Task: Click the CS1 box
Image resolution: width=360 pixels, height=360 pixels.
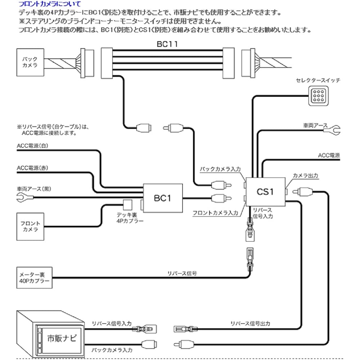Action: [x=265, y=192]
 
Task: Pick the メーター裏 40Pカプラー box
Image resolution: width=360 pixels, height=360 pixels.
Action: [x=33, y=278]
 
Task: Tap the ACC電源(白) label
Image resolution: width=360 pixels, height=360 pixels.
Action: [x=32, y=146]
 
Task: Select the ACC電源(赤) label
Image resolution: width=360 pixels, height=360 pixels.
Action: [x=32, y=168]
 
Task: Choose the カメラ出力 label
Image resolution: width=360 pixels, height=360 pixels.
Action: [x=305, y=175]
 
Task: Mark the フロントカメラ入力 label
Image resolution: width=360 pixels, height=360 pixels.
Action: [x=215, y=213]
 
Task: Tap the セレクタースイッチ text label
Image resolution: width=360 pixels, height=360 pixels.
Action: [x=318, y=80]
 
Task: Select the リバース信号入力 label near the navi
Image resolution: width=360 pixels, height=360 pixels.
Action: [x=112, y=324]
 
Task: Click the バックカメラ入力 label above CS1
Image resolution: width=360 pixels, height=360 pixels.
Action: [x=220, y=169]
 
